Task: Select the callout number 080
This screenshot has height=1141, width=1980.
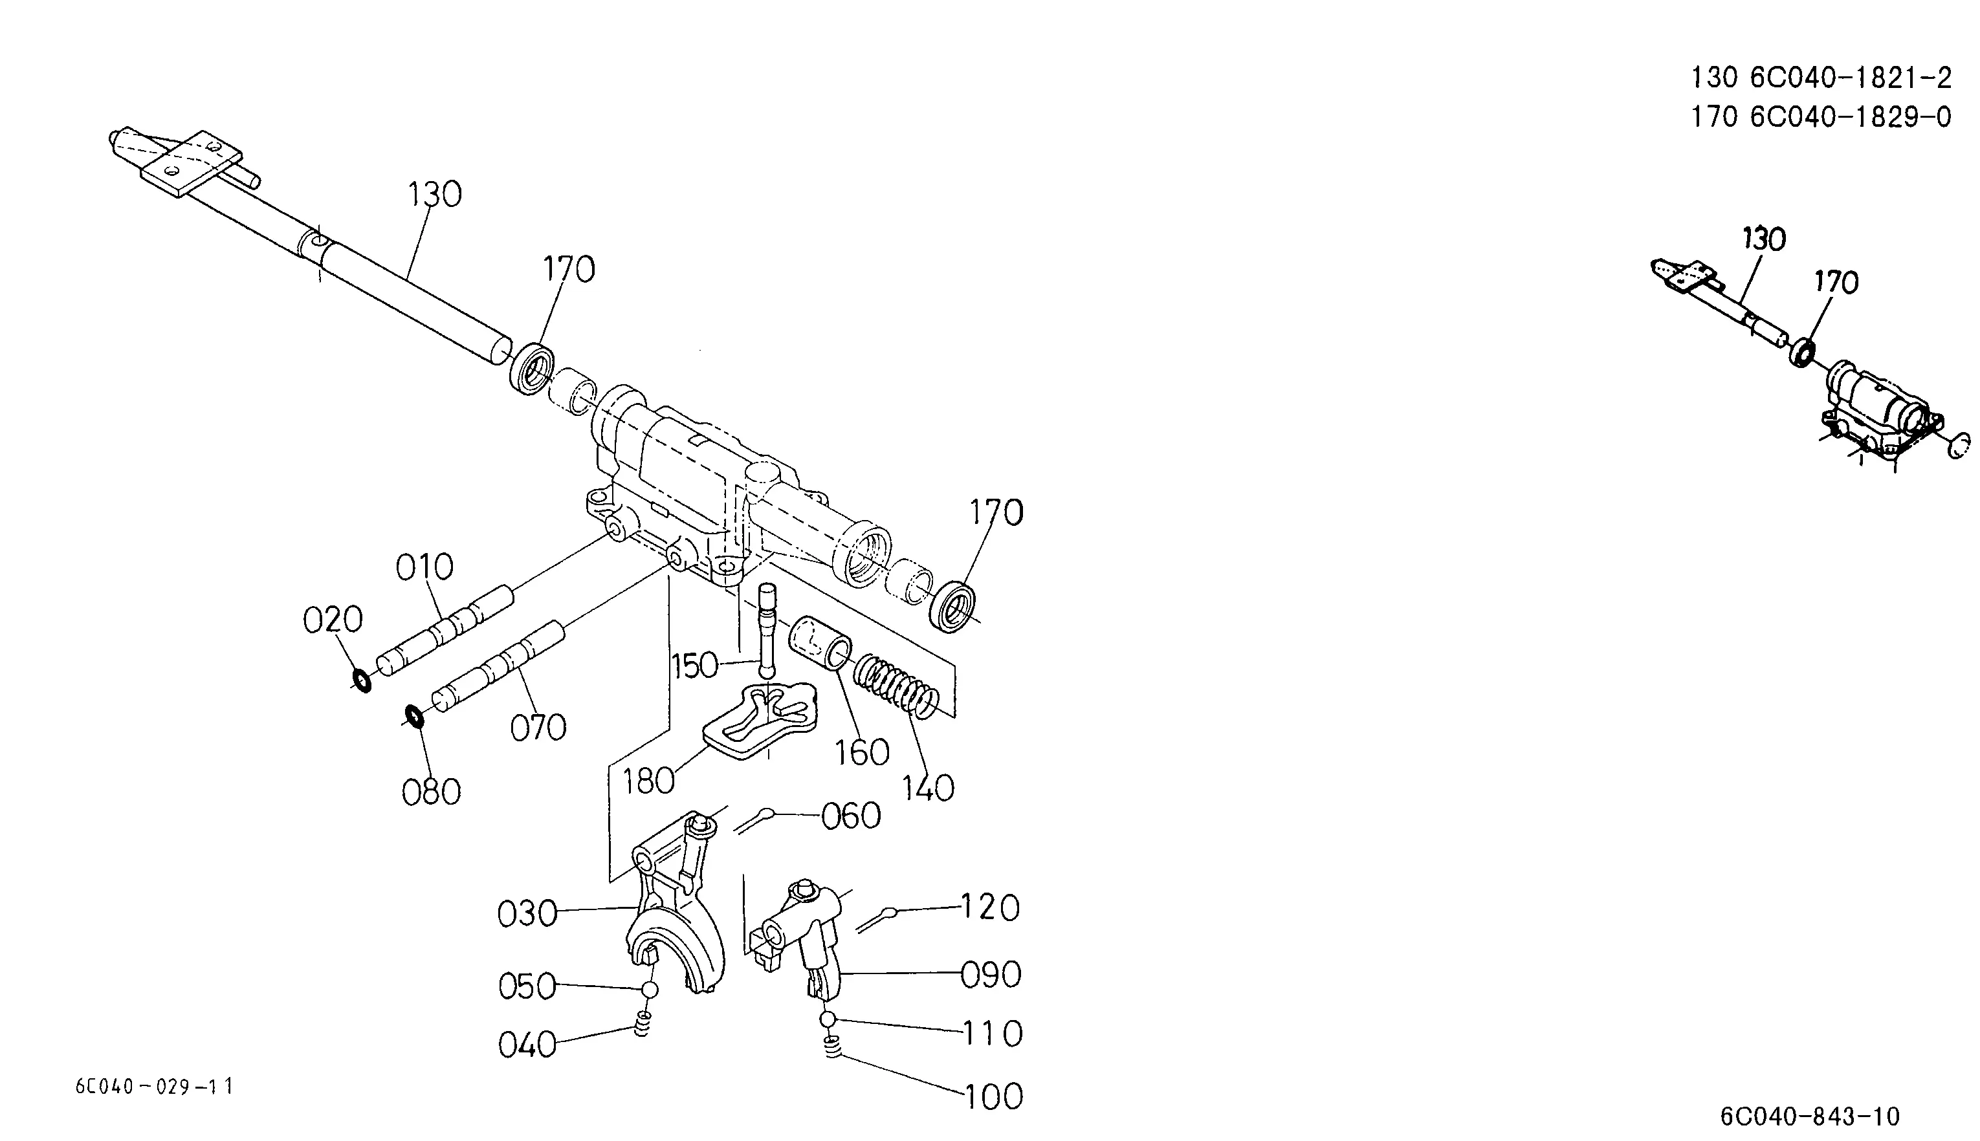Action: (x=431, y=792)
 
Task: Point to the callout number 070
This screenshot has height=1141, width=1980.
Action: (x=538, y=728)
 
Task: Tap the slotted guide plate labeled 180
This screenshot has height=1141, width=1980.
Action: (x=760, y=721)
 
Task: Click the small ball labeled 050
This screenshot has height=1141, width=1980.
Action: (x=650, y=990)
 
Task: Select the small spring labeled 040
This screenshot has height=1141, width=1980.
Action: (x=643, y=1023)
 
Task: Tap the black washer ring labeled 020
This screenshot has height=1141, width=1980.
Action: (x=361, y=681)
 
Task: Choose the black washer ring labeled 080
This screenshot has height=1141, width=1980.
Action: (x=414, y=716)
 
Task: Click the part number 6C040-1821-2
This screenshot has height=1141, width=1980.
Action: (x=1851, y=78)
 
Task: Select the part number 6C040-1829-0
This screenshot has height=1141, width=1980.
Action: (x=1851, y=117)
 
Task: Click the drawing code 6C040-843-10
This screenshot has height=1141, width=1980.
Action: (x=1810, y=1115)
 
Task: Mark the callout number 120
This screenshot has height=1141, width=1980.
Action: (x=990, y=907)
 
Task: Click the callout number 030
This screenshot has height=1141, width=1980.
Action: (x=527, y=914)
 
